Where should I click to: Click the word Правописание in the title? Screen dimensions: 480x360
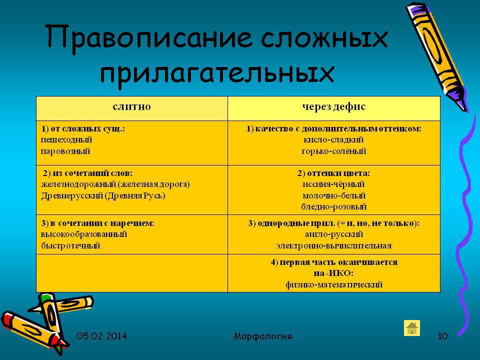(149, 39)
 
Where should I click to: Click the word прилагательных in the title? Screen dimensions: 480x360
(217, 74)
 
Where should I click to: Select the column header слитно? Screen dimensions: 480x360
(131, 106)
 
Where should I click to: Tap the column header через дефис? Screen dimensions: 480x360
(333, 107)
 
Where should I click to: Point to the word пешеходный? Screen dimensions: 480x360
(66, 140)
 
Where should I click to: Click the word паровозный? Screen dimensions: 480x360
(65, 151)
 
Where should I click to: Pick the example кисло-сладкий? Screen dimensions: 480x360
(333, 140)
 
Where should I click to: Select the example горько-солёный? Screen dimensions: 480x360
(333, 151)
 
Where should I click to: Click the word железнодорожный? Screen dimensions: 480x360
(78, 184)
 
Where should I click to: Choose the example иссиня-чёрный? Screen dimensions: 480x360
(333, 184)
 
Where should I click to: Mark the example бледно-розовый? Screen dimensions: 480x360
(333, 207)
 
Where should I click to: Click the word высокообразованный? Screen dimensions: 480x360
(84, 234)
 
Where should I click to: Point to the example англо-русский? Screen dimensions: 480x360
(333, 234)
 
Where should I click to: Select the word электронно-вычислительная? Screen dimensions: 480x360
(333, 246)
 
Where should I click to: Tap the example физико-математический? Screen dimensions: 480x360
(334, 284)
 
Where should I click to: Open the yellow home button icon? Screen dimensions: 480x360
(411, 328)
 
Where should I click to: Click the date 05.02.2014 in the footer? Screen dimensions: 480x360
(101, 336)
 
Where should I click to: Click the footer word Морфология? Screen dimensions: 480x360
(262, 336)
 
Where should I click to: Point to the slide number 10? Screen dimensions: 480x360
(442, 336)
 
